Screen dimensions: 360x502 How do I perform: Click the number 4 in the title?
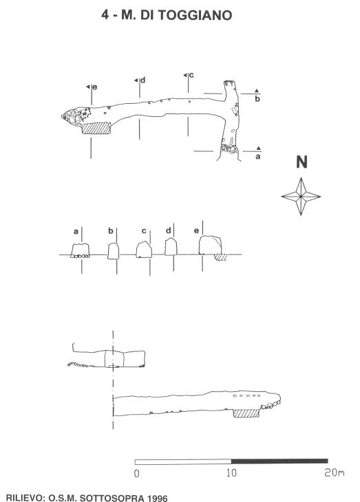pyautogui.click(x=105, y=14)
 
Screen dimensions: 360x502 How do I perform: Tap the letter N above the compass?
pyautogui.click(x=301, y=162)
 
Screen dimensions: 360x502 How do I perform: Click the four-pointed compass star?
pyautogui.click(x=301, y=196)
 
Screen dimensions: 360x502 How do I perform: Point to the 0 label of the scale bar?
pyautogui.click(x=136, y=474)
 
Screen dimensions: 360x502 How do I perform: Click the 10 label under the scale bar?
pyautogui.click(x=231, y=473)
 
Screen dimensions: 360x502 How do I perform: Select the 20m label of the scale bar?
pyautogui.click(x=335, y=472)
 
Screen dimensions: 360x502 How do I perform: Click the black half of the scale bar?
pyautogui.click(x=279, y=461)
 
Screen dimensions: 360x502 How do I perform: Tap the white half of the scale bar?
pyautogui.click(x=183, y=461)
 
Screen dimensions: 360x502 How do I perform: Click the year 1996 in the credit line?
pyautogui.click(x=157, y=498)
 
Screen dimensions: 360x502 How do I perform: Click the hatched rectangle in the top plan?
pyautogui.click(x=96, y=129)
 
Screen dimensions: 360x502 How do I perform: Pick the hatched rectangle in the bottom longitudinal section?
pyautogui.click(x=246, y=413)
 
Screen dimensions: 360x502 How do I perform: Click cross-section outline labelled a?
pyautogui.click(x=80, y=251)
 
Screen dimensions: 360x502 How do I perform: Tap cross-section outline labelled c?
pyautogui.click(x=144, y=250)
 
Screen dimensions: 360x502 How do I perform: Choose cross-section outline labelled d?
pyautogui.click(x=171, y=246)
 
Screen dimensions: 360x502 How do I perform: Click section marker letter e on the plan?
pyautogui.click(x=95, y=87)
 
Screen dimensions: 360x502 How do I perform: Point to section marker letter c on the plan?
pyautogui.click(x=191, y=75)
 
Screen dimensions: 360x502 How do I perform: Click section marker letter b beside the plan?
pyautogui.click(x=257, y=98)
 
